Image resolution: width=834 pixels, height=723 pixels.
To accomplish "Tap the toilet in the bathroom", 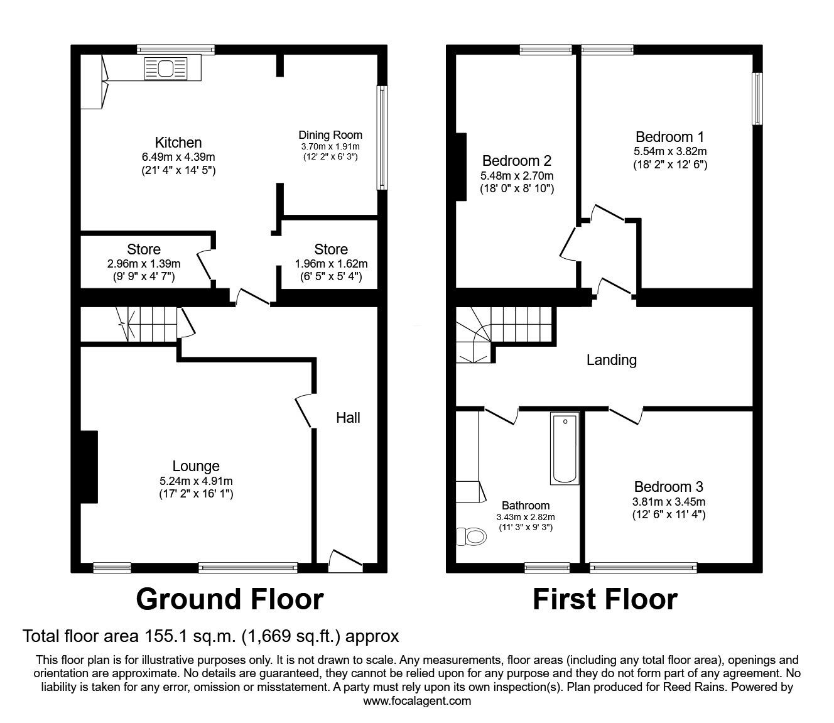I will (471, 536).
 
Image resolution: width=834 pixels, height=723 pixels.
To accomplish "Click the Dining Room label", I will (330, 134).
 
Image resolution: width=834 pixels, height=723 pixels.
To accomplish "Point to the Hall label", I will (348, 418).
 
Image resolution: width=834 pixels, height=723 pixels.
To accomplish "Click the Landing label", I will (611, 360).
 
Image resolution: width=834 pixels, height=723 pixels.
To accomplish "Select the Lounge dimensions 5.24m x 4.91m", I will (196, 481).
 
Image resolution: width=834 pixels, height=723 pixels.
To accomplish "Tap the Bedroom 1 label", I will (669, 137).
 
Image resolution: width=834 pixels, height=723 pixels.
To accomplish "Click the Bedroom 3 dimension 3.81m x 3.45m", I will (669, 502).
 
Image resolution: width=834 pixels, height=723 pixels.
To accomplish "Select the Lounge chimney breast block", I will (89, 467).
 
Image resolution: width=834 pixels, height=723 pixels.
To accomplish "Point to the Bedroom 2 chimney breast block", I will (461, 166).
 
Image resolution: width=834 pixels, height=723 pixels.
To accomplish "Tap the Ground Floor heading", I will (229, 599).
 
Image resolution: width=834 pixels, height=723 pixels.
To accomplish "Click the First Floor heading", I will (605, 599).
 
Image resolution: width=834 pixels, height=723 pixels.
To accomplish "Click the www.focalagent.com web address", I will (417, 701).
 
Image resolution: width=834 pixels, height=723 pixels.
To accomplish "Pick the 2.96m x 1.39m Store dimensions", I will (144, 264).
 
